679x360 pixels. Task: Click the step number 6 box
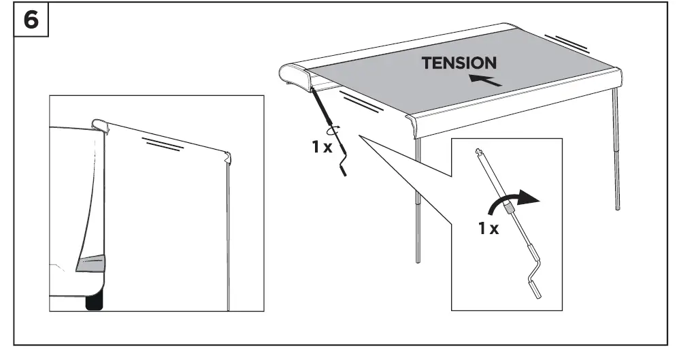[x=31, y=20]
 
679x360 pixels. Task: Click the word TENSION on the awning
[x=459, y=63]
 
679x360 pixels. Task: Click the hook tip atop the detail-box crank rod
[x=481, y=153]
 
